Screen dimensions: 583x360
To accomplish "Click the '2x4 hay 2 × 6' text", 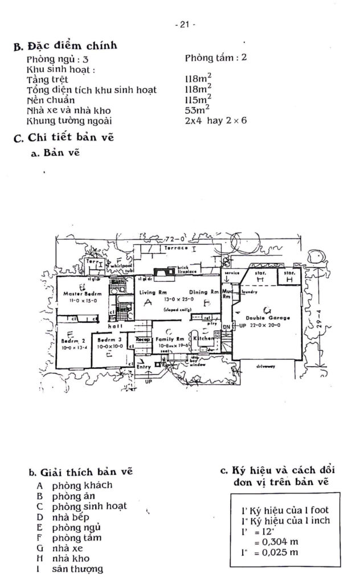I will [215, 120].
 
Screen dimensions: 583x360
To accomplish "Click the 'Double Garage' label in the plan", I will [268, 318].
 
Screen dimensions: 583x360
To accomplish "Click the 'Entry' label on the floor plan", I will [145, 368].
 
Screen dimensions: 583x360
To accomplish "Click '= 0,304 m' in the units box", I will [272, 541].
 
